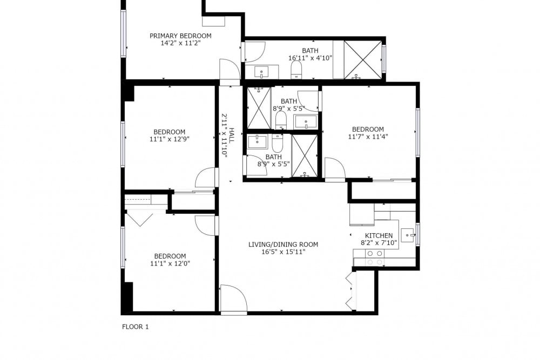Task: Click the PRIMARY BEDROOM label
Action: (180, 36)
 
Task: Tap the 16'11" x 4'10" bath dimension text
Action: (310, 58)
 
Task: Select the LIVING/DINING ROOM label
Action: (283, 244)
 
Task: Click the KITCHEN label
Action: (379, 236)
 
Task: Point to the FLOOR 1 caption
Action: (136, 327)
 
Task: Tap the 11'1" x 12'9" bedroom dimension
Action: (170, 139)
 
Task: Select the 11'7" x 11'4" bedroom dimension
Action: (368, 137)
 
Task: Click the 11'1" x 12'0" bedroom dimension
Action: (170, 263)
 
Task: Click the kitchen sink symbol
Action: (409, 235)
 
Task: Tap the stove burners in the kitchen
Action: (375, 258)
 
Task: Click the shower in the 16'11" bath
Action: (363, 60)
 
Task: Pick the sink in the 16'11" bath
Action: (262, 72)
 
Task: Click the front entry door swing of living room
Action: (233, 298)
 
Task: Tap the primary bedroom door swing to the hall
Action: (230, 71)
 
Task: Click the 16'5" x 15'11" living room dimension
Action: (283, 252)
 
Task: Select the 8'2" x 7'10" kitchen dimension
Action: (379, 243)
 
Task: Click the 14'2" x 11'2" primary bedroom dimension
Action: (180, 43)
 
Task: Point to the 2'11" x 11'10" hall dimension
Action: (225, 135)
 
